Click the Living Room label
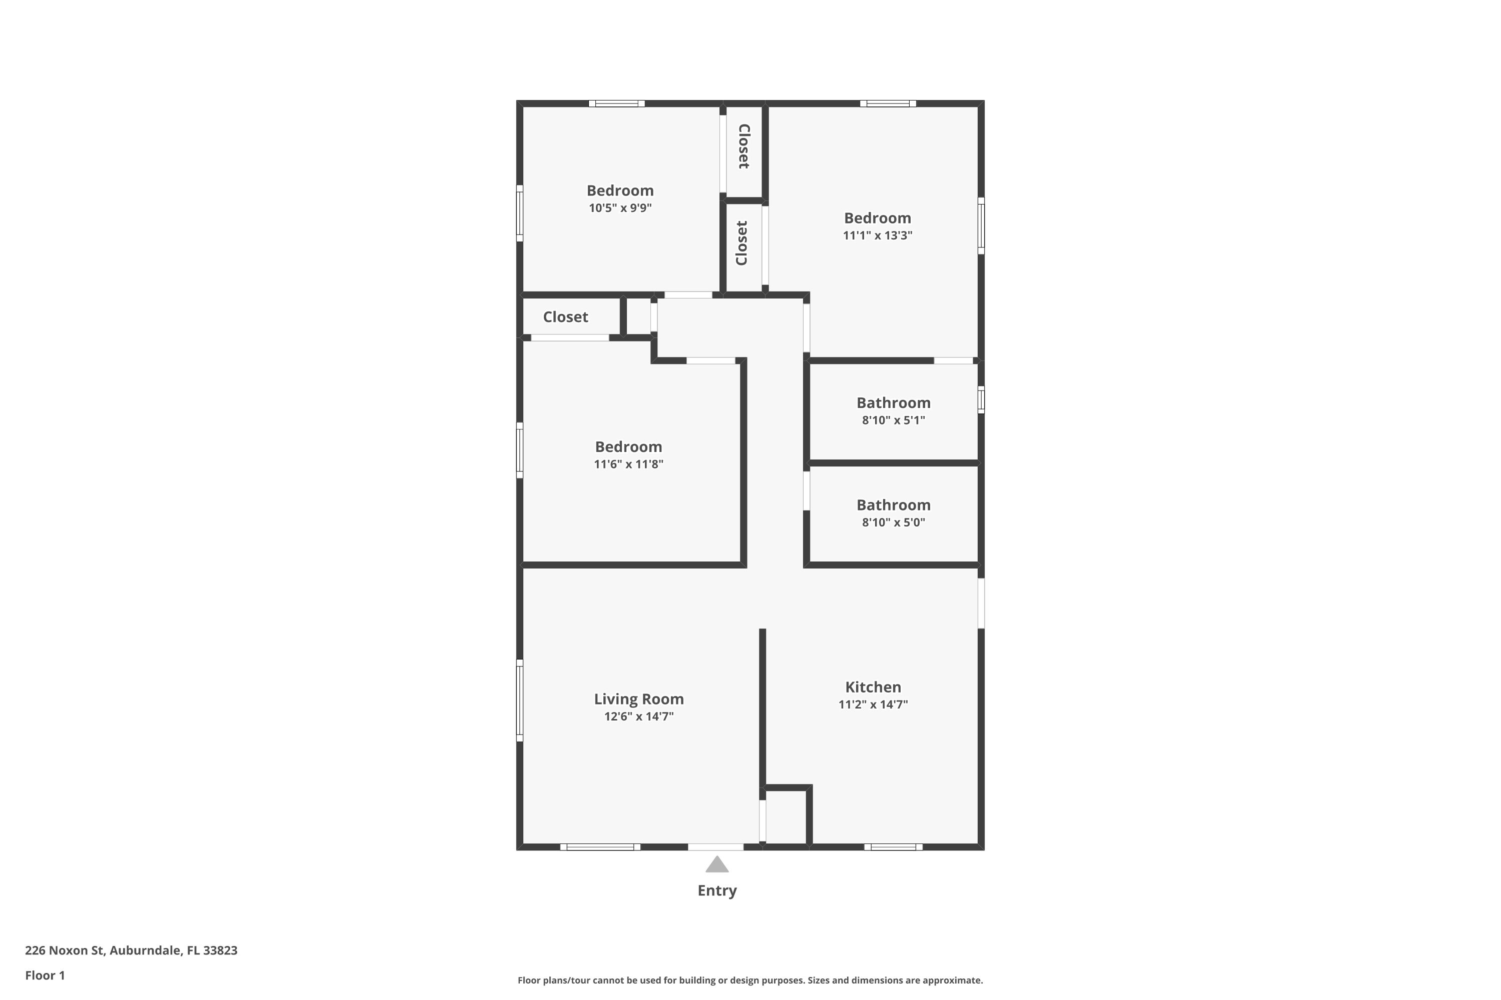pos(639,699)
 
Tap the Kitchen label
pos(873,687)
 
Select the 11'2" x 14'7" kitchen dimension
pos(873,704)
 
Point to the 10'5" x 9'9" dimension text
pos(620,207)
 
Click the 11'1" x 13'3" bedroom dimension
pos(878,234)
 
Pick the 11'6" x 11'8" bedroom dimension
pos(628,463)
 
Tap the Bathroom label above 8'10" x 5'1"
pos(894,402)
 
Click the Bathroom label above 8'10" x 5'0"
pos(894,504)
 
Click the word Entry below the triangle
pos(716,890)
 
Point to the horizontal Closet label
pos(565,316)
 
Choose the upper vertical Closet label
pos(744,146)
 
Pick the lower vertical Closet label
pos(741,243)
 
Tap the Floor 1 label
pos(45,975)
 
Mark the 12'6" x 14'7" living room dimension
pos(639,716)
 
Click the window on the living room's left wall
pos(519,700)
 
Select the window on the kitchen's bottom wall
pos(894,847)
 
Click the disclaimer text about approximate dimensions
pos(750,980)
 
